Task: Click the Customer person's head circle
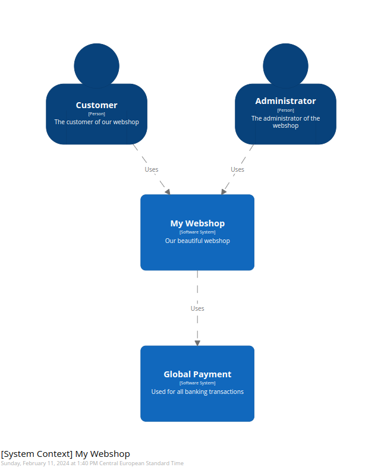click(96, 65)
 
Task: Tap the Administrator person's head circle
click(285, 65)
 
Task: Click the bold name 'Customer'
click(96, 105)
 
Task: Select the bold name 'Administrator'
click(285, 101)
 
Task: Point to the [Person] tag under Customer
click(96, 113)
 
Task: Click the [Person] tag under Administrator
click(285, 110)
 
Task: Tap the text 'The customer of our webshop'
click(96, 122)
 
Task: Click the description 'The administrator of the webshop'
click(285, 122)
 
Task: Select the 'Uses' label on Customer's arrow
click(152, 169)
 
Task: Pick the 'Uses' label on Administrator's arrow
click(237, 169)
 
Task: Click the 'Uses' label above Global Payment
click(197, 308)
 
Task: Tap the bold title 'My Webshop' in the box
click(197, 223)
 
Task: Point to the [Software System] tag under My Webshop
click(197, 232)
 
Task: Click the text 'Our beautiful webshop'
click(197, 241)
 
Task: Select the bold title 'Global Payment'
click(197, 374)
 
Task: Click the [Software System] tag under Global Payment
click(197, 383)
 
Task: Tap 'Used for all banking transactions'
click(197, 392)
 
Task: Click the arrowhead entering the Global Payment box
click(197, 342)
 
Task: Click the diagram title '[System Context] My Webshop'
click(65, 454)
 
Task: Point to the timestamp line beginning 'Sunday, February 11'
click(92, 463)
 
